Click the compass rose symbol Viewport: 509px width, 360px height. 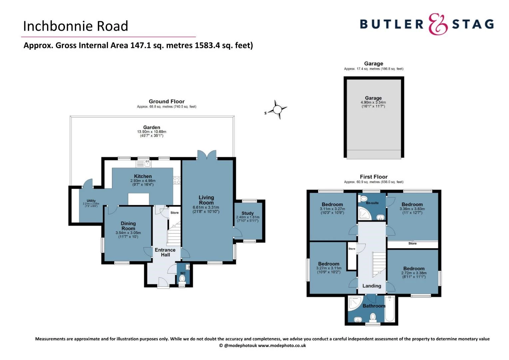coord(277,110)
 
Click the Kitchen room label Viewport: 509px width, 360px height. coord(143,176)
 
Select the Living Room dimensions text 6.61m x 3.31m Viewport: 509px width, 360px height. coord(206,207)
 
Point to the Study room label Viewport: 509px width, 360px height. coord(248,213)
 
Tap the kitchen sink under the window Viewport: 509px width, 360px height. coord(144,164)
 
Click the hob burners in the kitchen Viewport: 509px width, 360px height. coord(177,180)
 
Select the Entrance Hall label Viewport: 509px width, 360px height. coord(165,252)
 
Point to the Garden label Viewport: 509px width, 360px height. coord(152,127)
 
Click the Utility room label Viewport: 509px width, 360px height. coord(91,201)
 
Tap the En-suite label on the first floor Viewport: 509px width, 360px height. coord(372,203)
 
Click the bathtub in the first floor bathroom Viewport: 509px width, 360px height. coord(390,309)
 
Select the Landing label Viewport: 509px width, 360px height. coord(372,286)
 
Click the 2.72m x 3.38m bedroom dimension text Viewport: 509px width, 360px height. coord(414,273)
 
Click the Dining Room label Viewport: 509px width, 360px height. coord(128,226)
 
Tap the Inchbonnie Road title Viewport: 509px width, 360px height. coord(76,26)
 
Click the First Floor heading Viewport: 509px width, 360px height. coord(373,177)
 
